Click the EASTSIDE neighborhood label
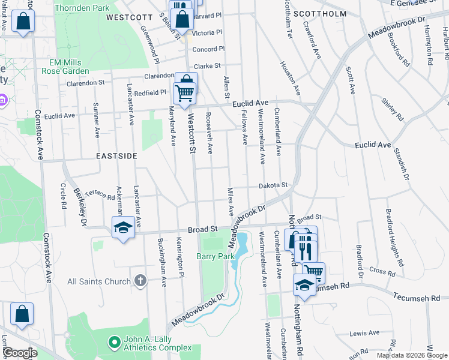coord(116,155)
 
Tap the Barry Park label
coord(215,256)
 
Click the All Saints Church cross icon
coord(140,280)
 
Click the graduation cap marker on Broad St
coord(123,228)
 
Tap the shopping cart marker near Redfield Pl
coord(184,92)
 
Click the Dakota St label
coord(274,186)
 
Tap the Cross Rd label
coord(382,272)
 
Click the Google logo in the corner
coord(19,353)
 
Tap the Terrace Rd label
coord(100,194)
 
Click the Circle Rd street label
coord(63,196)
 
